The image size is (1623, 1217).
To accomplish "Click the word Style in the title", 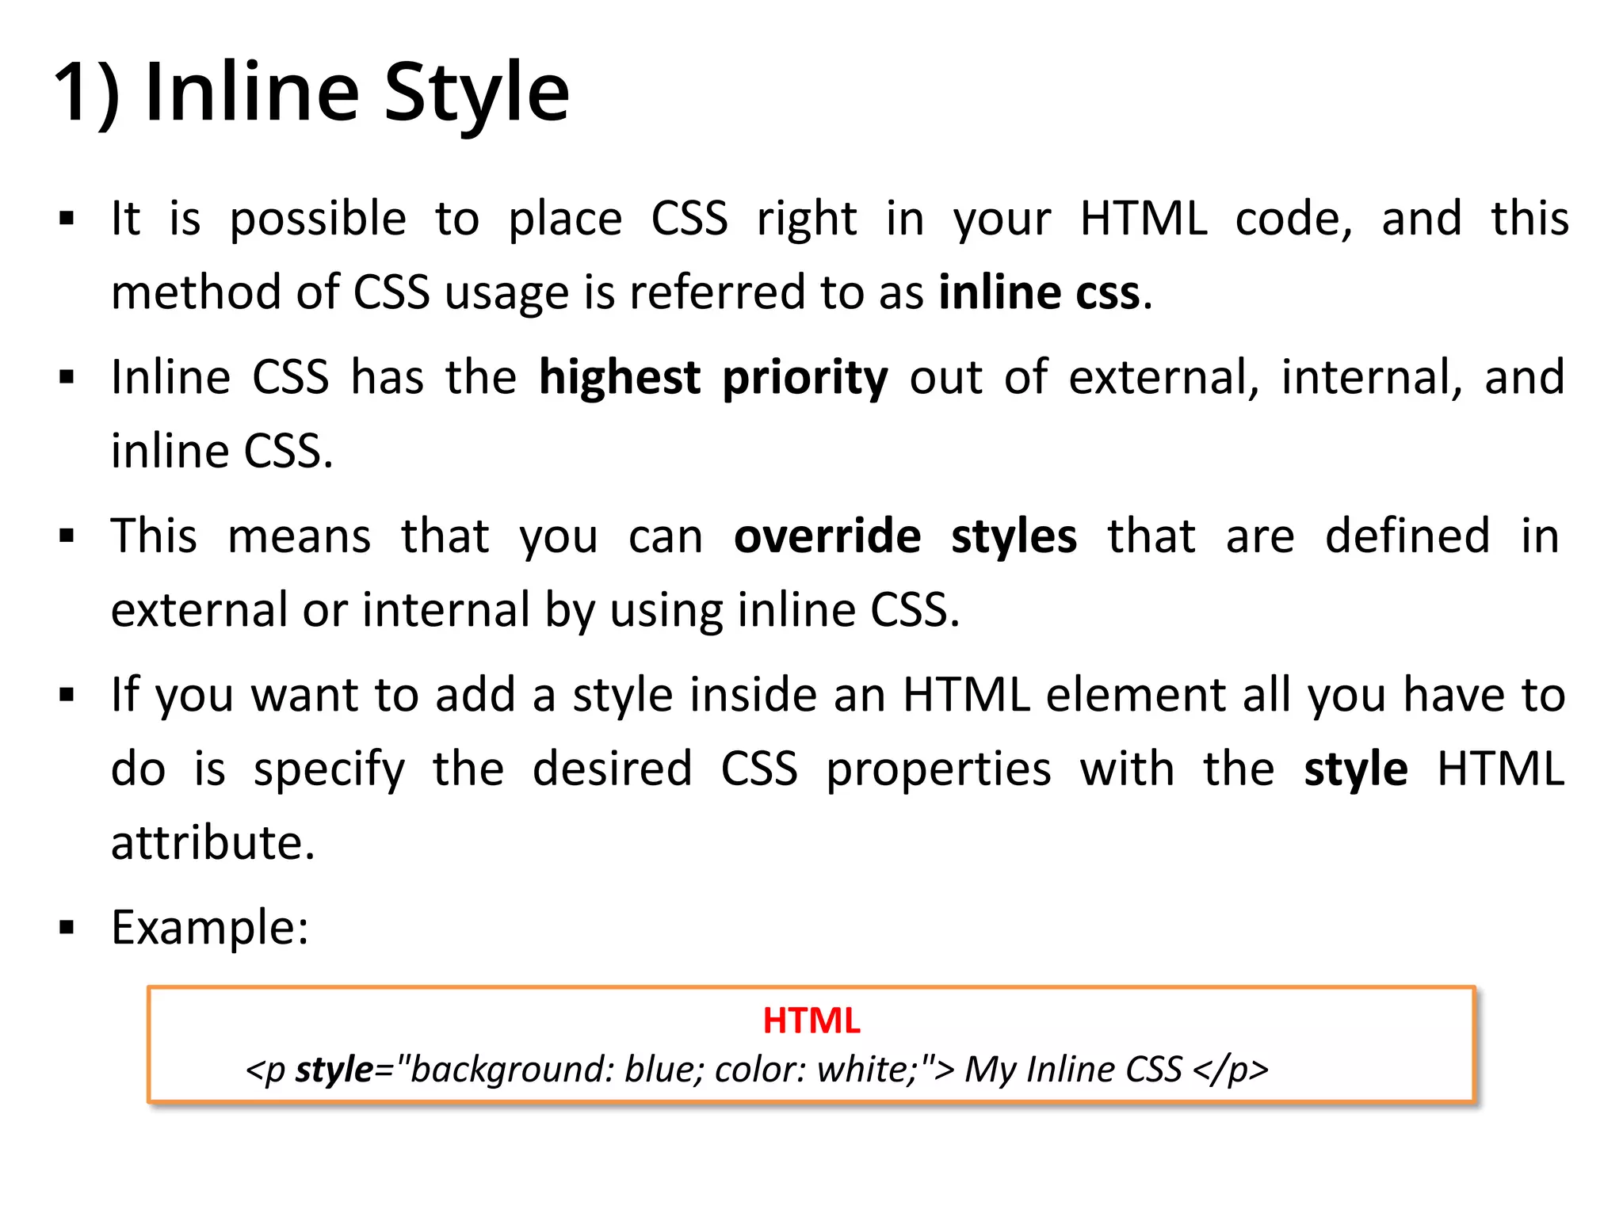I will [x=476, y=93].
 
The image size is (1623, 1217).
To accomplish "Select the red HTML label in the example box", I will [x=811, y=1021].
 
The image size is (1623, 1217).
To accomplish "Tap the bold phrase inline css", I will [x=1039, y=292].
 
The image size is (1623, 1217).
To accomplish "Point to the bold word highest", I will [x=619, y=377].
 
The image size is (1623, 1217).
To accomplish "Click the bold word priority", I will [x=804, y=379].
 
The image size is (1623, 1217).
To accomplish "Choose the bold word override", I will [x=827, y=536].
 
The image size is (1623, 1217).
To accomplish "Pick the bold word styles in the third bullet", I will [x=1014, y=537].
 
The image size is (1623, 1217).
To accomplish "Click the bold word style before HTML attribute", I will [x=1355, y=770].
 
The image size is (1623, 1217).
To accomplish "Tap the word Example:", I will [x=210, y=928].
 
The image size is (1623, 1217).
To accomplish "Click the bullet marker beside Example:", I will [x=67, y=927].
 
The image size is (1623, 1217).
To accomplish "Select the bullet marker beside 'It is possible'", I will [x=67, y=218].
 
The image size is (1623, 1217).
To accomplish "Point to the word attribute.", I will [x=212, y=843].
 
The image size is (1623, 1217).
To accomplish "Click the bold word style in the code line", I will [x=334, y=1070].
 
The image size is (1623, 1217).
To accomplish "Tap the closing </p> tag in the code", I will [x=1230, y=1070].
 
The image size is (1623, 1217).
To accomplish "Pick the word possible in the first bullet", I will [x=318, y=219].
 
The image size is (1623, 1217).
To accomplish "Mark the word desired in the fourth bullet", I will [x=612, y=769].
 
